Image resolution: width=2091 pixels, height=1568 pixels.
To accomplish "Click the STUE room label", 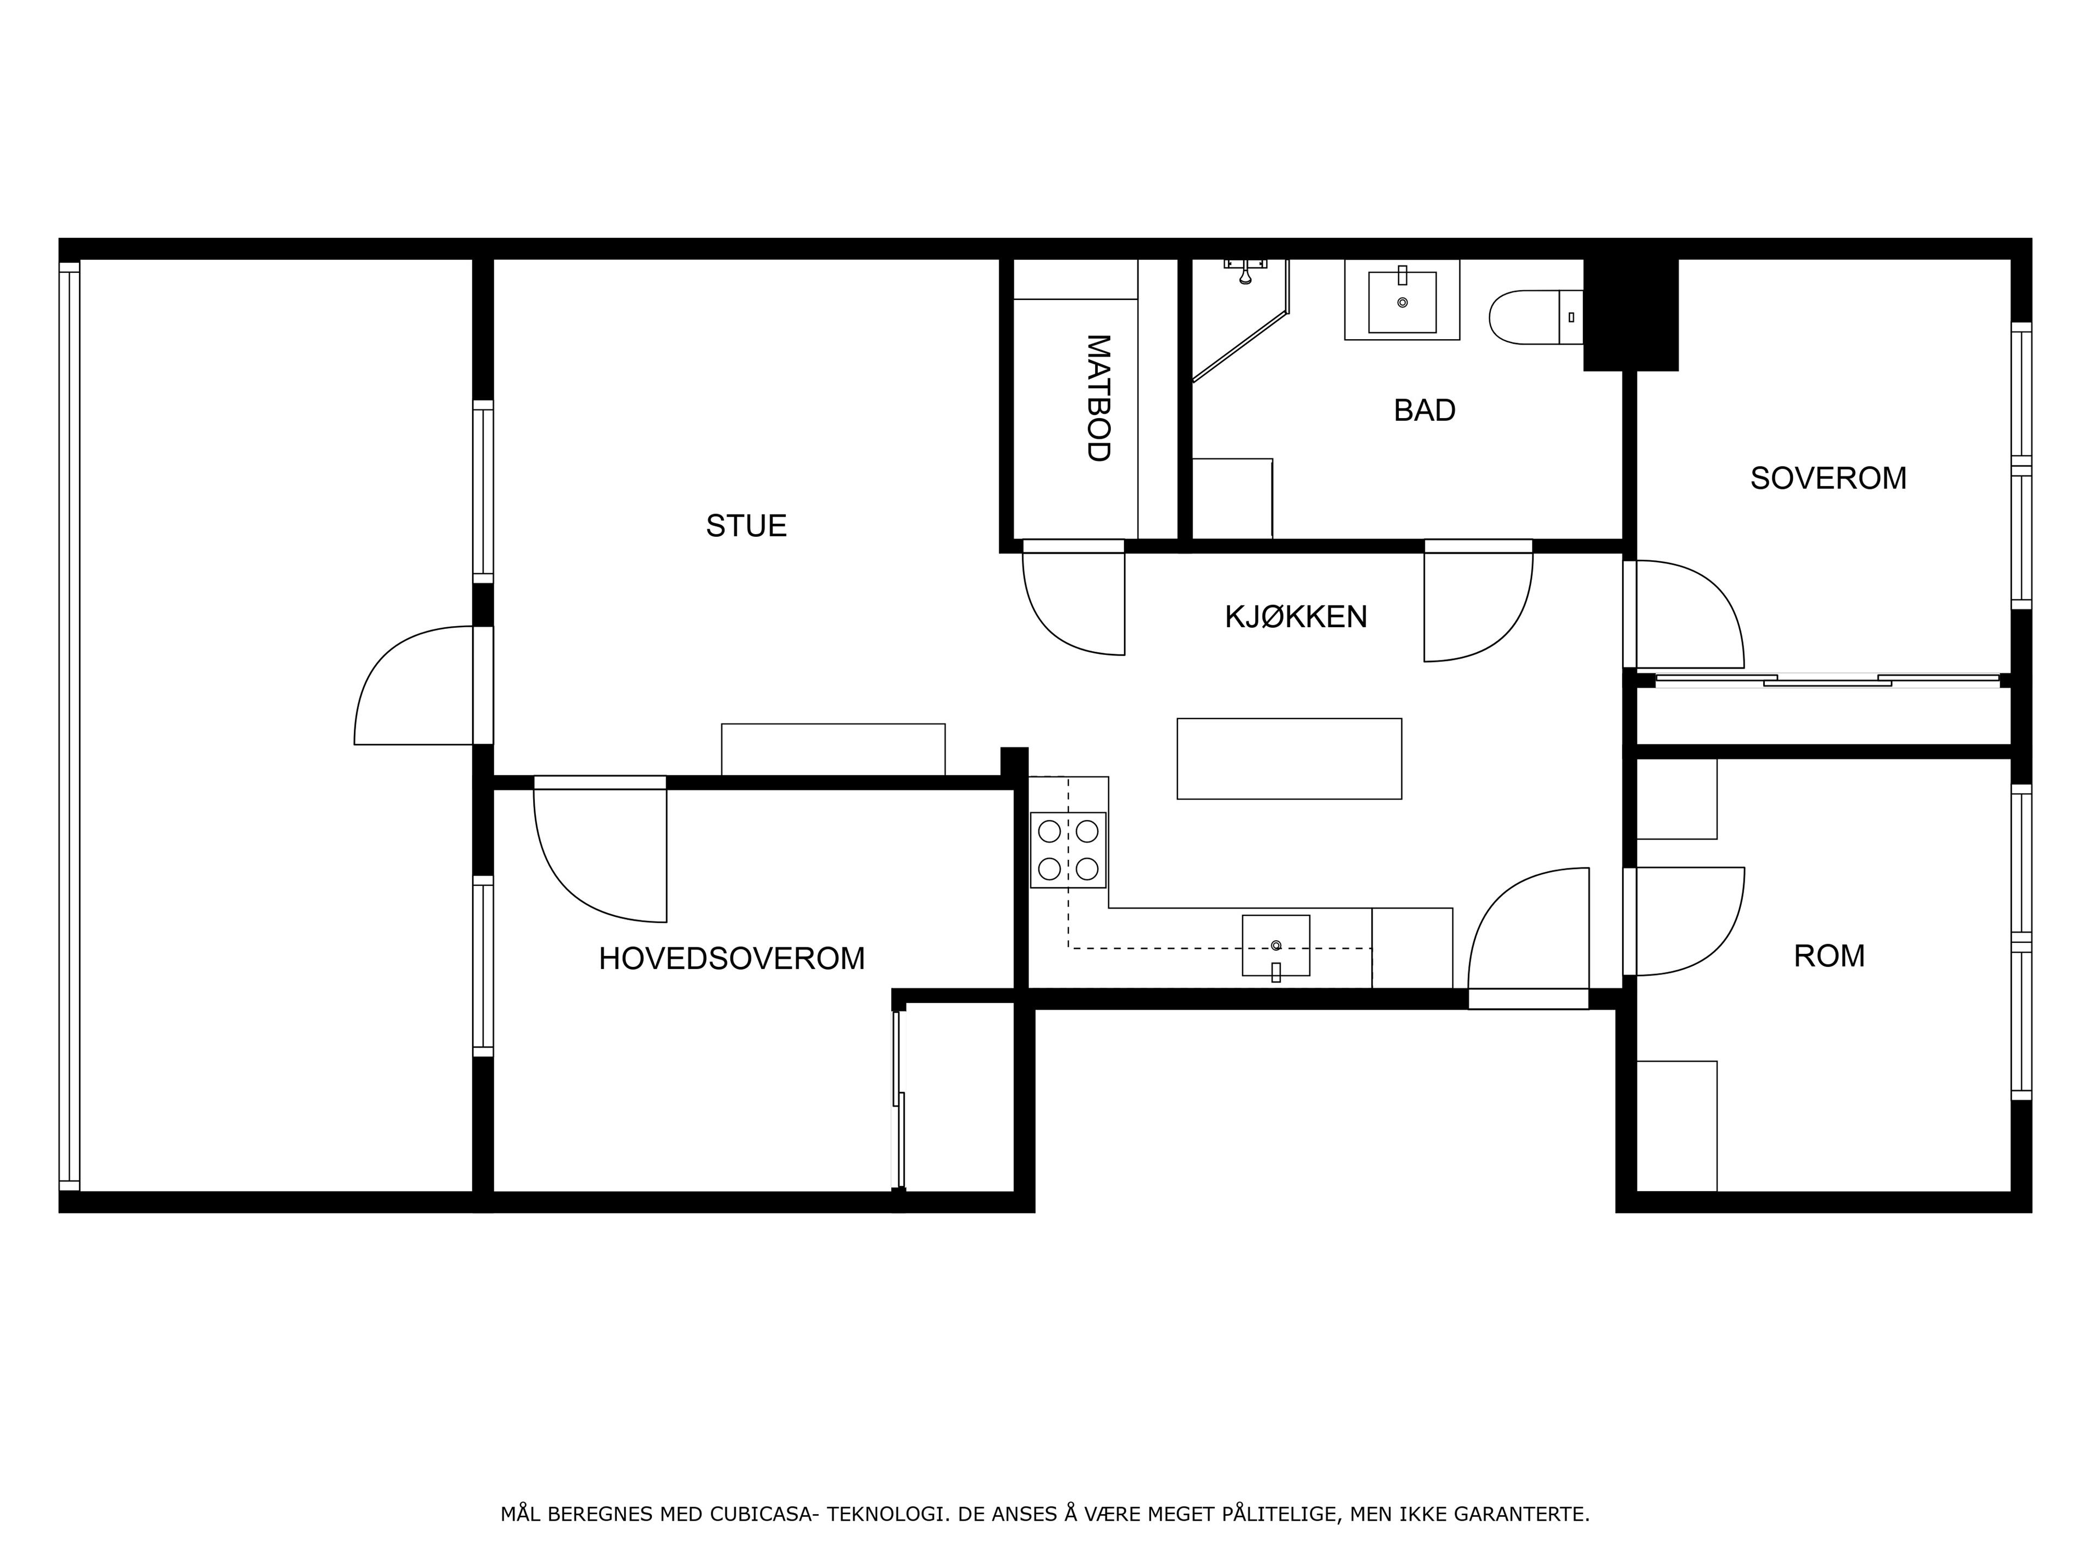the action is (746, 525).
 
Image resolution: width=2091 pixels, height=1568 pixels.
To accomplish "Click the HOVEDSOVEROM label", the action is (732, 958).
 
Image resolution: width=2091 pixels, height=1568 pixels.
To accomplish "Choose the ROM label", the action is (1829, 955).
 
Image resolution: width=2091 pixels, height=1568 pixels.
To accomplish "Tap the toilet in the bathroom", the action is (1534, 317).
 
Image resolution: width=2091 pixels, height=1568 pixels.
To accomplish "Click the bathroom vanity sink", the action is (1402, 299).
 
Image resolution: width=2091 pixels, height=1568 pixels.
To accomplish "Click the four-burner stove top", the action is (1068, 850).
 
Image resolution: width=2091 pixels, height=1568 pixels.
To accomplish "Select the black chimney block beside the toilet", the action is (1631, 315).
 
